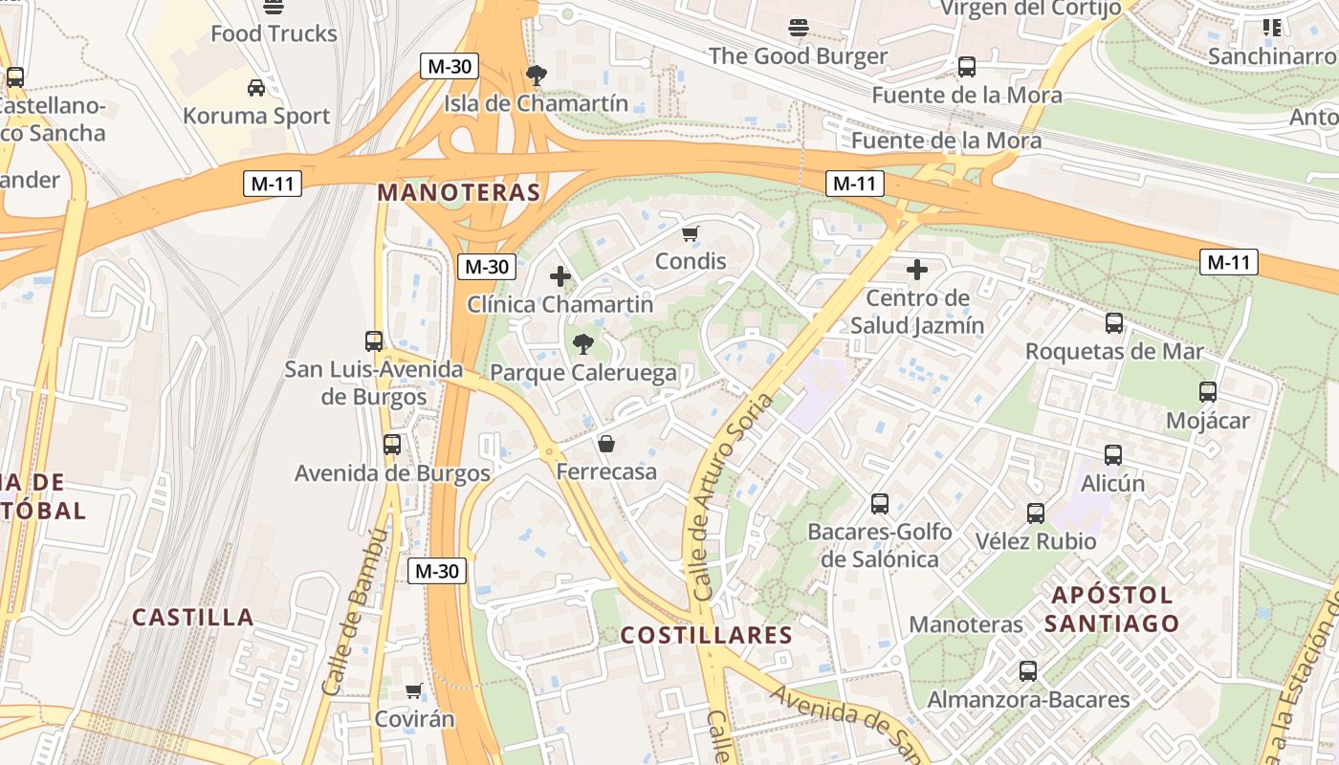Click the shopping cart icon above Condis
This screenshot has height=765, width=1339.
(691, 233)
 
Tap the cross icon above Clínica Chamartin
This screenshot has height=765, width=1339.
(560, 277)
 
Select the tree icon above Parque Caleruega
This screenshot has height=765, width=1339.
(582, 344)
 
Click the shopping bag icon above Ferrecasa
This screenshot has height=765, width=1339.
(605, 444)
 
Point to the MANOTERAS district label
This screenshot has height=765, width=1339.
(459, 192)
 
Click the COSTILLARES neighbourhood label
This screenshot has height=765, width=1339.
(707, 635)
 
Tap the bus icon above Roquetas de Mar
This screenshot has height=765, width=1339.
(1113, 323)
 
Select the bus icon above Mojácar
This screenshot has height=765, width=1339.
(1207, 392)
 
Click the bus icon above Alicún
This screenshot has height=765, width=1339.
(1112, 455)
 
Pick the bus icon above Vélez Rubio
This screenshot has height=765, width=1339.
(1035, 514)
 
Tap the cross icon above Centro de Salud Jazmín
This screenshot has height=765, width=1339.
(917, 270)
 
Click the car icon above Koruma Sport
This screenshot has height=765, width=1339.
(256, 88)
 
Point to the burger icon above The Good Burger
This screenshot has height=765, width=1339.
(799, 28)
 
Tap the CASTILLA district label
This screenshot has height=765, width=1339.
(193, 617)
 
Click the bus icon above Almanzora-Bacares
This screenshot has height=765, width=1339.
(1028, 671)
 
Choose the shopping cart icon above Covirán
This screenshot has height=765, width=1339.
(413, 690)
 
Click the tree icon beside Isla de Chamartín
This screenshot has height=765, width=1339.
(537, 74)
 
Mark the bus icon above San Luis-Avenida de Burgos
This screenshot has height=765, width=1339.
(374, 340)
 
